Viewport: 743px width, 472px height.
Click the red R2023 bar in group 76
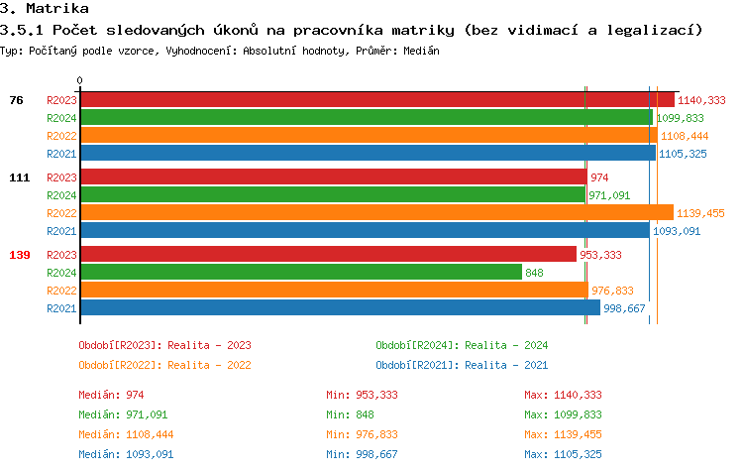pos(376,99)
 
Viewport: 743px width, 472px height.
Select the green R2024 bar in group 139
pos(301,272)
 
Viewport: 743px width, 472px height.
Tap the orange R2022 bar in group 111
pos(376,212)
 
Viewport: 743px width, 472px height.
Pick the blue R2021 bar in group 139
pos(340,307)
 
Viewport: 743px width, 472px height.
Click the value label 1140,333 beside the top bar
pos(701,100)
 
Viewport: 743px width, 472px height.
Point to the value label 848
pos(534,273)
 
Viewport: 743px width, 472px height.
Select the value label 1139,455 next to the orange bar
pos(700,213)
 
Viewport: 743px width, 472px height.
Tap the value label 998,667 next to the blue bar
pos(624,308)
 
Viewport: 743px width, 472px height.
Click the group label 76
pos(17,99)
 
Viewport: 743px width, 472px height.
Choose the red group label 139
pos(20,255)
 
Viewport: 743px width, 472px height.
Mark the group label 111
pos(20,177)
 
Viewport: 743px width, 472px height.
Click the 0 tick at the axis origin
pos(80,80)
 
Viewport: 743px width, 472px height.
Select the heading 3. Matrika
pos(45,9)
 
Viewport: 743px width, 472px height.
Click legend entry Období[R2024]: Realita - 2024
pos(462,345)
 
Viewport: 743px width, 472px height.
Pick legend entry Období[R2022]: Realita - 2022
pos(164,364)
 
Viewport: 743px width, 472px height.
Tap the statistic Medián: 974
pos(111,395)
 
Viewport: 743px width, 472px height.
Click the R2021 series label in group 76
pos(61,154)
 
